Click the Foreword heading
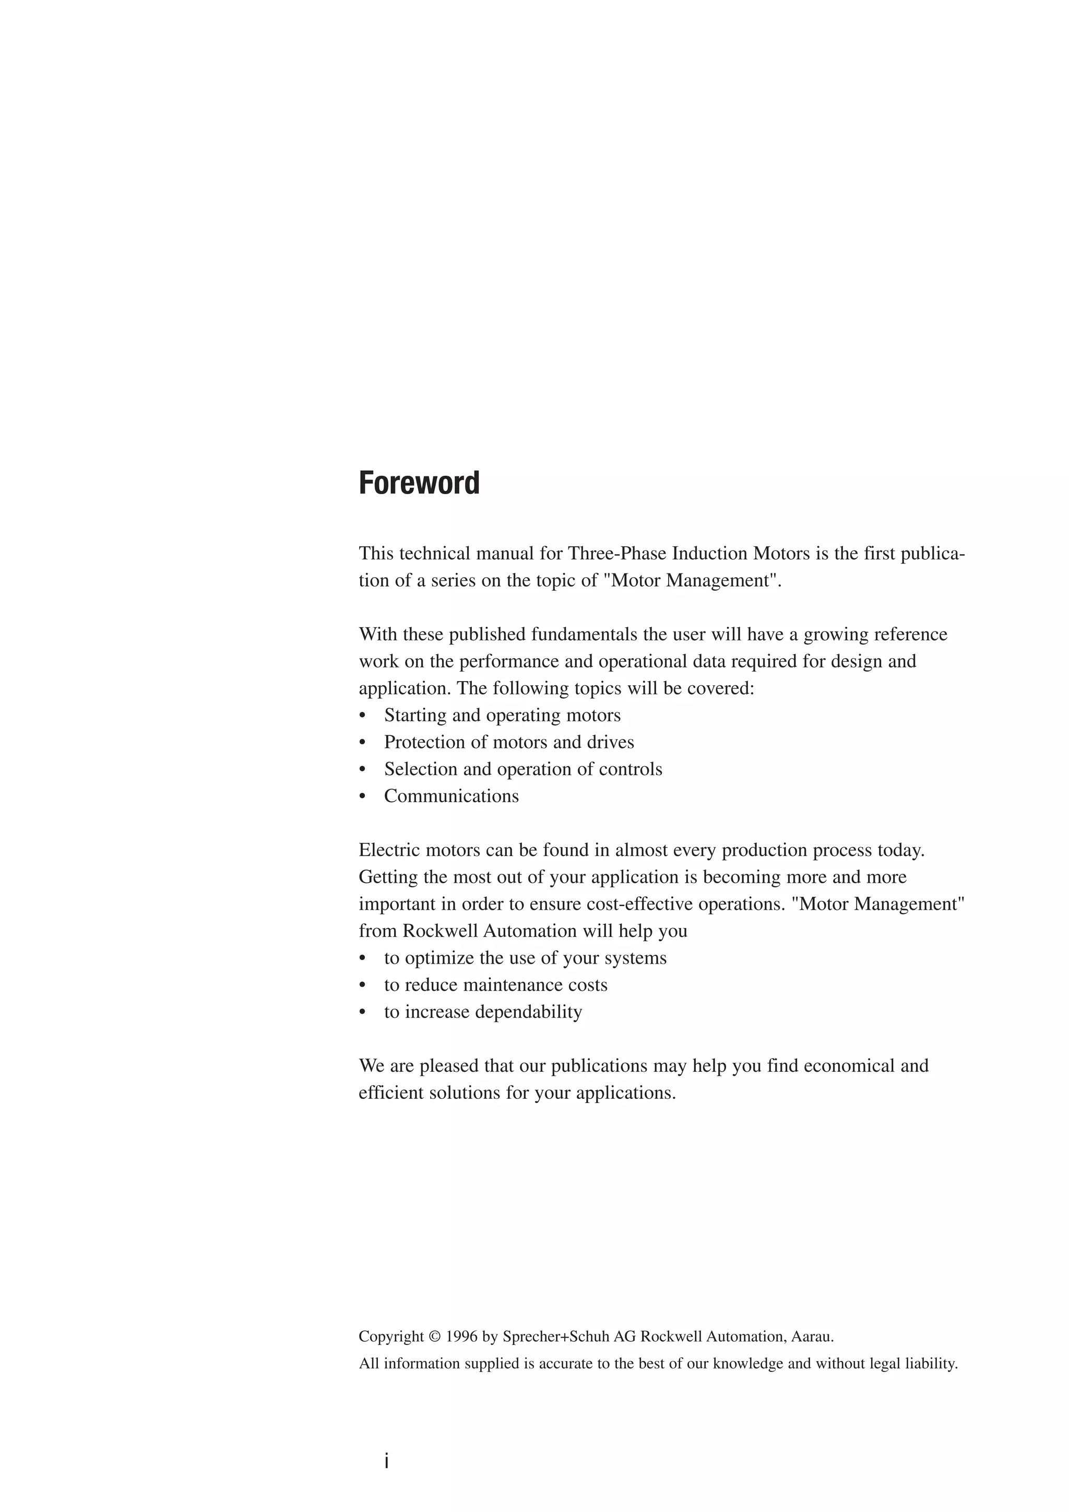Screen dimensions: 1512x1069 pos(419,483)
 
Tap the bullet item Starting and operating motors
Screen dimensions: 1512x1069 pos(502,715)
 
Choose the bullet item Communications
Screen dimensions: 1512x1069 pos(452,796)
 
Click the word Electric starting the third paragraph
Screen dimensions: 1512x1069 pos(389,850)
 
